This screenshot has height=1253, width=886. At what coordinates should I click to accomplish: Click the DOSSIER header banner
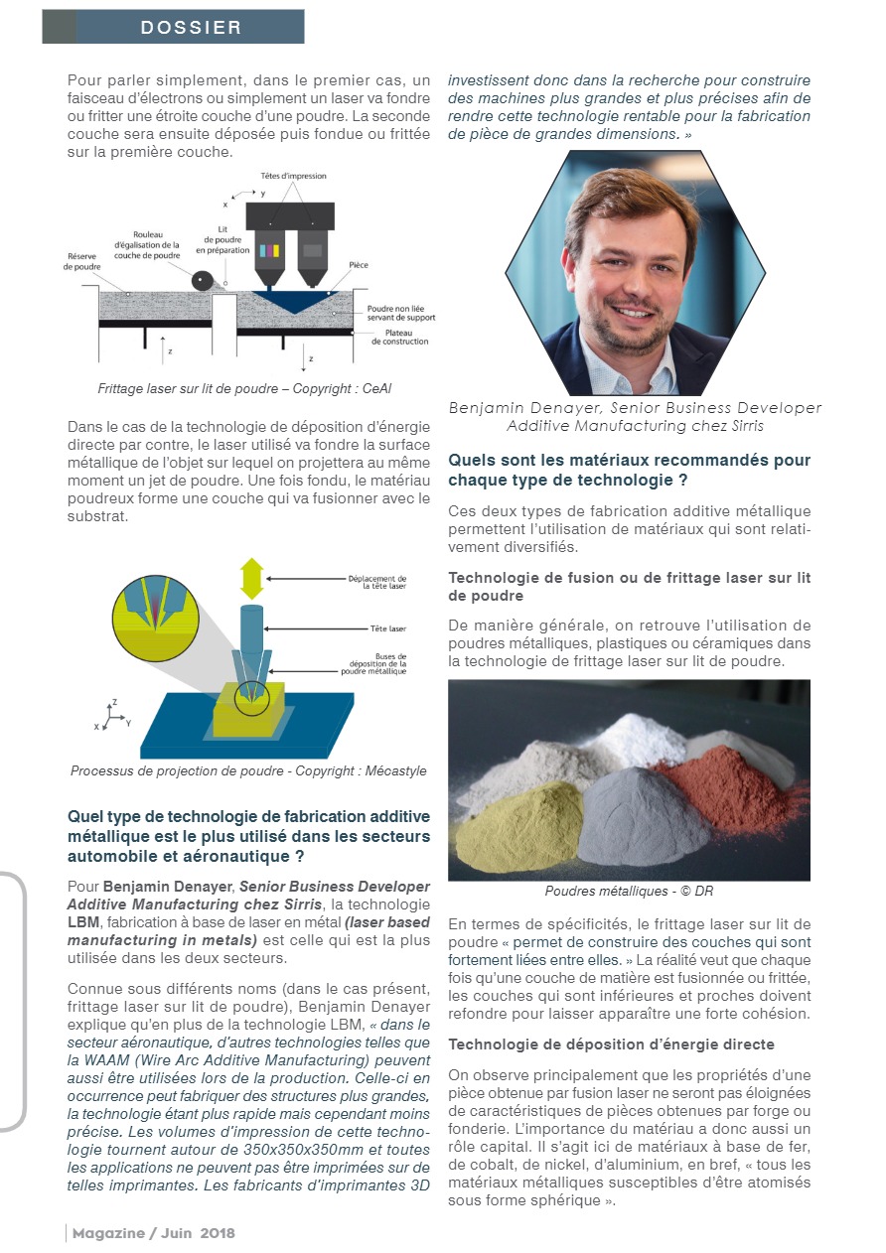pos(173,27)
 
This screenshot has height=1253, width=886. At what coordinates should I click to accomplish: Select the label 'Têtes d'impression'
pos(293,176)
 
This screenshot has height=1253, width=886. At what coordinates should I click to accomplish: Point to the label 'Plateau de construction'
pos(400,337)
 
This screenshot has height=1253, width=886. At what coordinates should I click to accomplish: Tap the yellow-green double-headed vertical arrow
pos(251,578)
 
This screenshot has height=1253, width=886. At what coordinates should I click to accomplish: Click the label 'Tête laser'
pos(383,628)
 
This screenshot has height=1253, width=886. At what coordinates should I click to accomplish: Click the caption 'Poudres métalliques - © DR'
pos(629,891)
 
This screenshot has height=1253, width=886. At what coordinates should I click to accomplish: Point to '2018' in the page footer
pos(218,1232)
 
